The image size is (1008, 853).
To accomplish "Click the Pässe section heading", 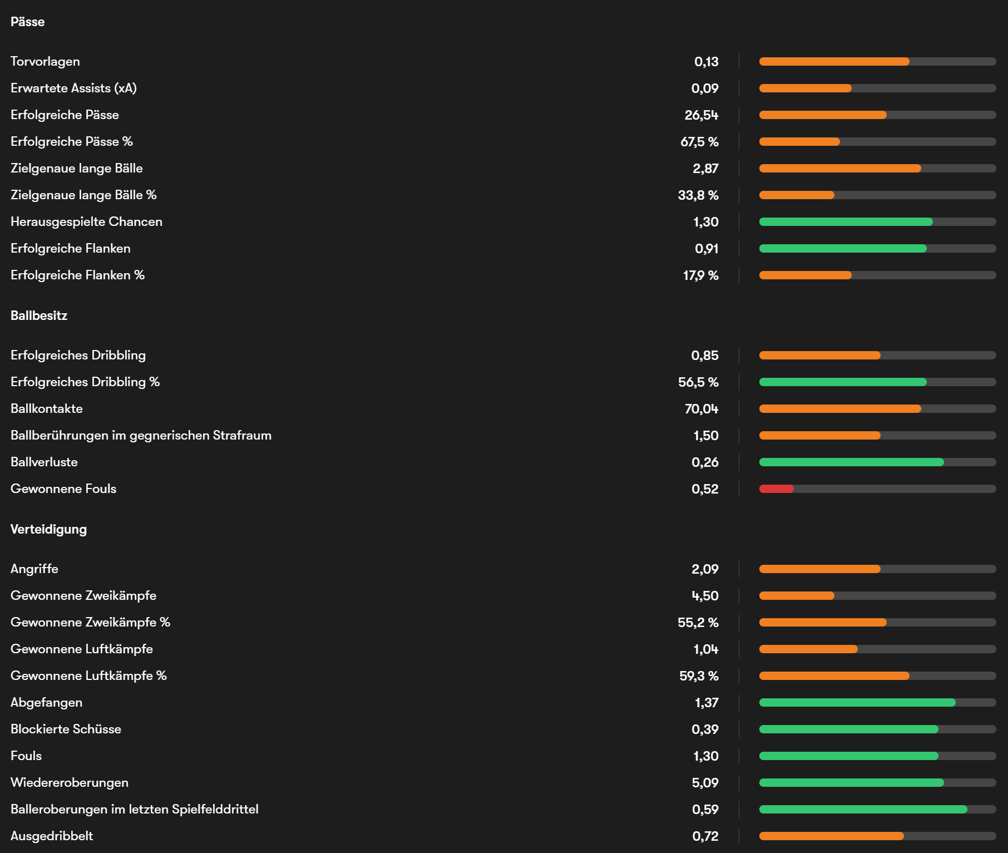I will tap(27, 22).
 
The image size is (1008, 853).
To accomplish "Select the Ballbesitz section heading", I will tap(39, 315).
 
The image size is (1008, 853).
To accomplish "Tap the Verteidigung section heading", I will tap(48, 529).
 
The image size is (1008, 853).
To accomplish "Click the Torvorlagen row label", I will tap(45, 61).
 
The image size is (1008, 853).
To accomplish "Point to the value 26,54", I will tap(701, 115).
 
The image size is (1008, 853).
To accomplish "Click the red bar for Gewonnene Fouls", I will tap(776, 489).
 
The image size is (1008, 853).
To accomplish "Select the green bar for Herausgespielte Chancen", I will tap(846, 221).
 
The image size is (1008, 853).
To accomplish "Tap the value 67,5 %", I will tap(699, 141).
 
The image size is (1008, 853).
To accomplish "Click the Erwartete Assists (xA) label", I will tap(73, 88).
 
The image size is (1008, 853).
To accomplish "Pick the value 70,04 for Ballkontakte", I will tap(701, 408).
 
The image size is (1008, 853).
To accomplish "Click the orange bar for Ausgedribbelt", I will tap(831, 836).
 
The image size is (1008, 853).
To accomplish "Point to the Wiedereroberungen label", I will tap(70, 782).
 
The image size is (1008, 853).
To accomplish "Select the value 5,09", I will tap(705, 782).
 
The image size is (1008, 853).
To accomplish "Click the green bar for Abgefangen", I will tap(857, 702).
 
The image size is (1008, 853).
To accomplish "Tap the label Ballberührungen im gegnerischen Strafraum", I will tap(141, 435).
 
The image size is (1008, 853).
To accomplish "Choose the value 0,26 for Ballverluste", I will tap(705, 462).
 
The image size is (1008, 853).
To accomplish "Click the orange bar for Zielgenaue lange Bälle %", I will tap(797, 195).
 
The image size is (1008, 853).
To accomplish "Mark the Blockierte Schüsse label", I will tap(66, 729).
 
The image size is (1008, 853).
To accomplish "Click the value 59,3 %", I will tap(699, 676).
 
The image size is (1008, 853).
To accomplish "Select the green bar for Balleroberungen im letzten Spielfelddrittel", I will tap(863, 809).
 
